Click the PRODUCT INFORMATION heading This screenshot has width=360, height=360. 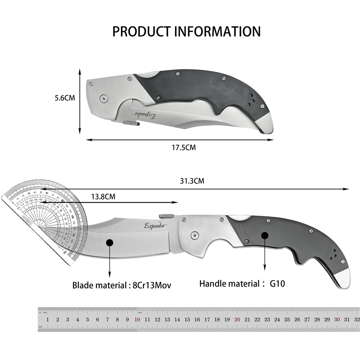click(186, 31)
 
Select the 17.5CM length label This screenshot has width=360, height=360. click(184, 147)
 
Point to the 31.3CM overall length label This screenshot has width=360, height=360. click(192, 181)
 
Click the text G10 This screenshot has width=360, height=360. click(277, 284)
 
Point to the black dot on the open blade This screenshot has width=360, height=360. click(110, 243)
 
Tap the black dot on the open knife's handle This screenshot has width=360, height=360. click(265, 236)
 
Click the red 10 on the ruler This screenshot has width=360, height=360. click(137, 319)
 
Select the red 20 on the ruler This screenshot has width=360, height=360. click(237, 319)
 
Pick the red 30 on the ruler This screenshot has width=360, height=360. click(337, 319)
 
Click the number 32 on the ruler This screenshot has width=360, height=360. click(356, 319)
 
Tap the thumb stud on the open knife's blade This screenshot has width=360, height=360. click(166, 215)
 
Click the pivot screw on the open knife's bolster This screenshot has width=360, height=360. click(194, 235)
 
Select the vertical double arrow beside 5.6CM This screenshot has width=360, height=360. click(80, 102)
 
